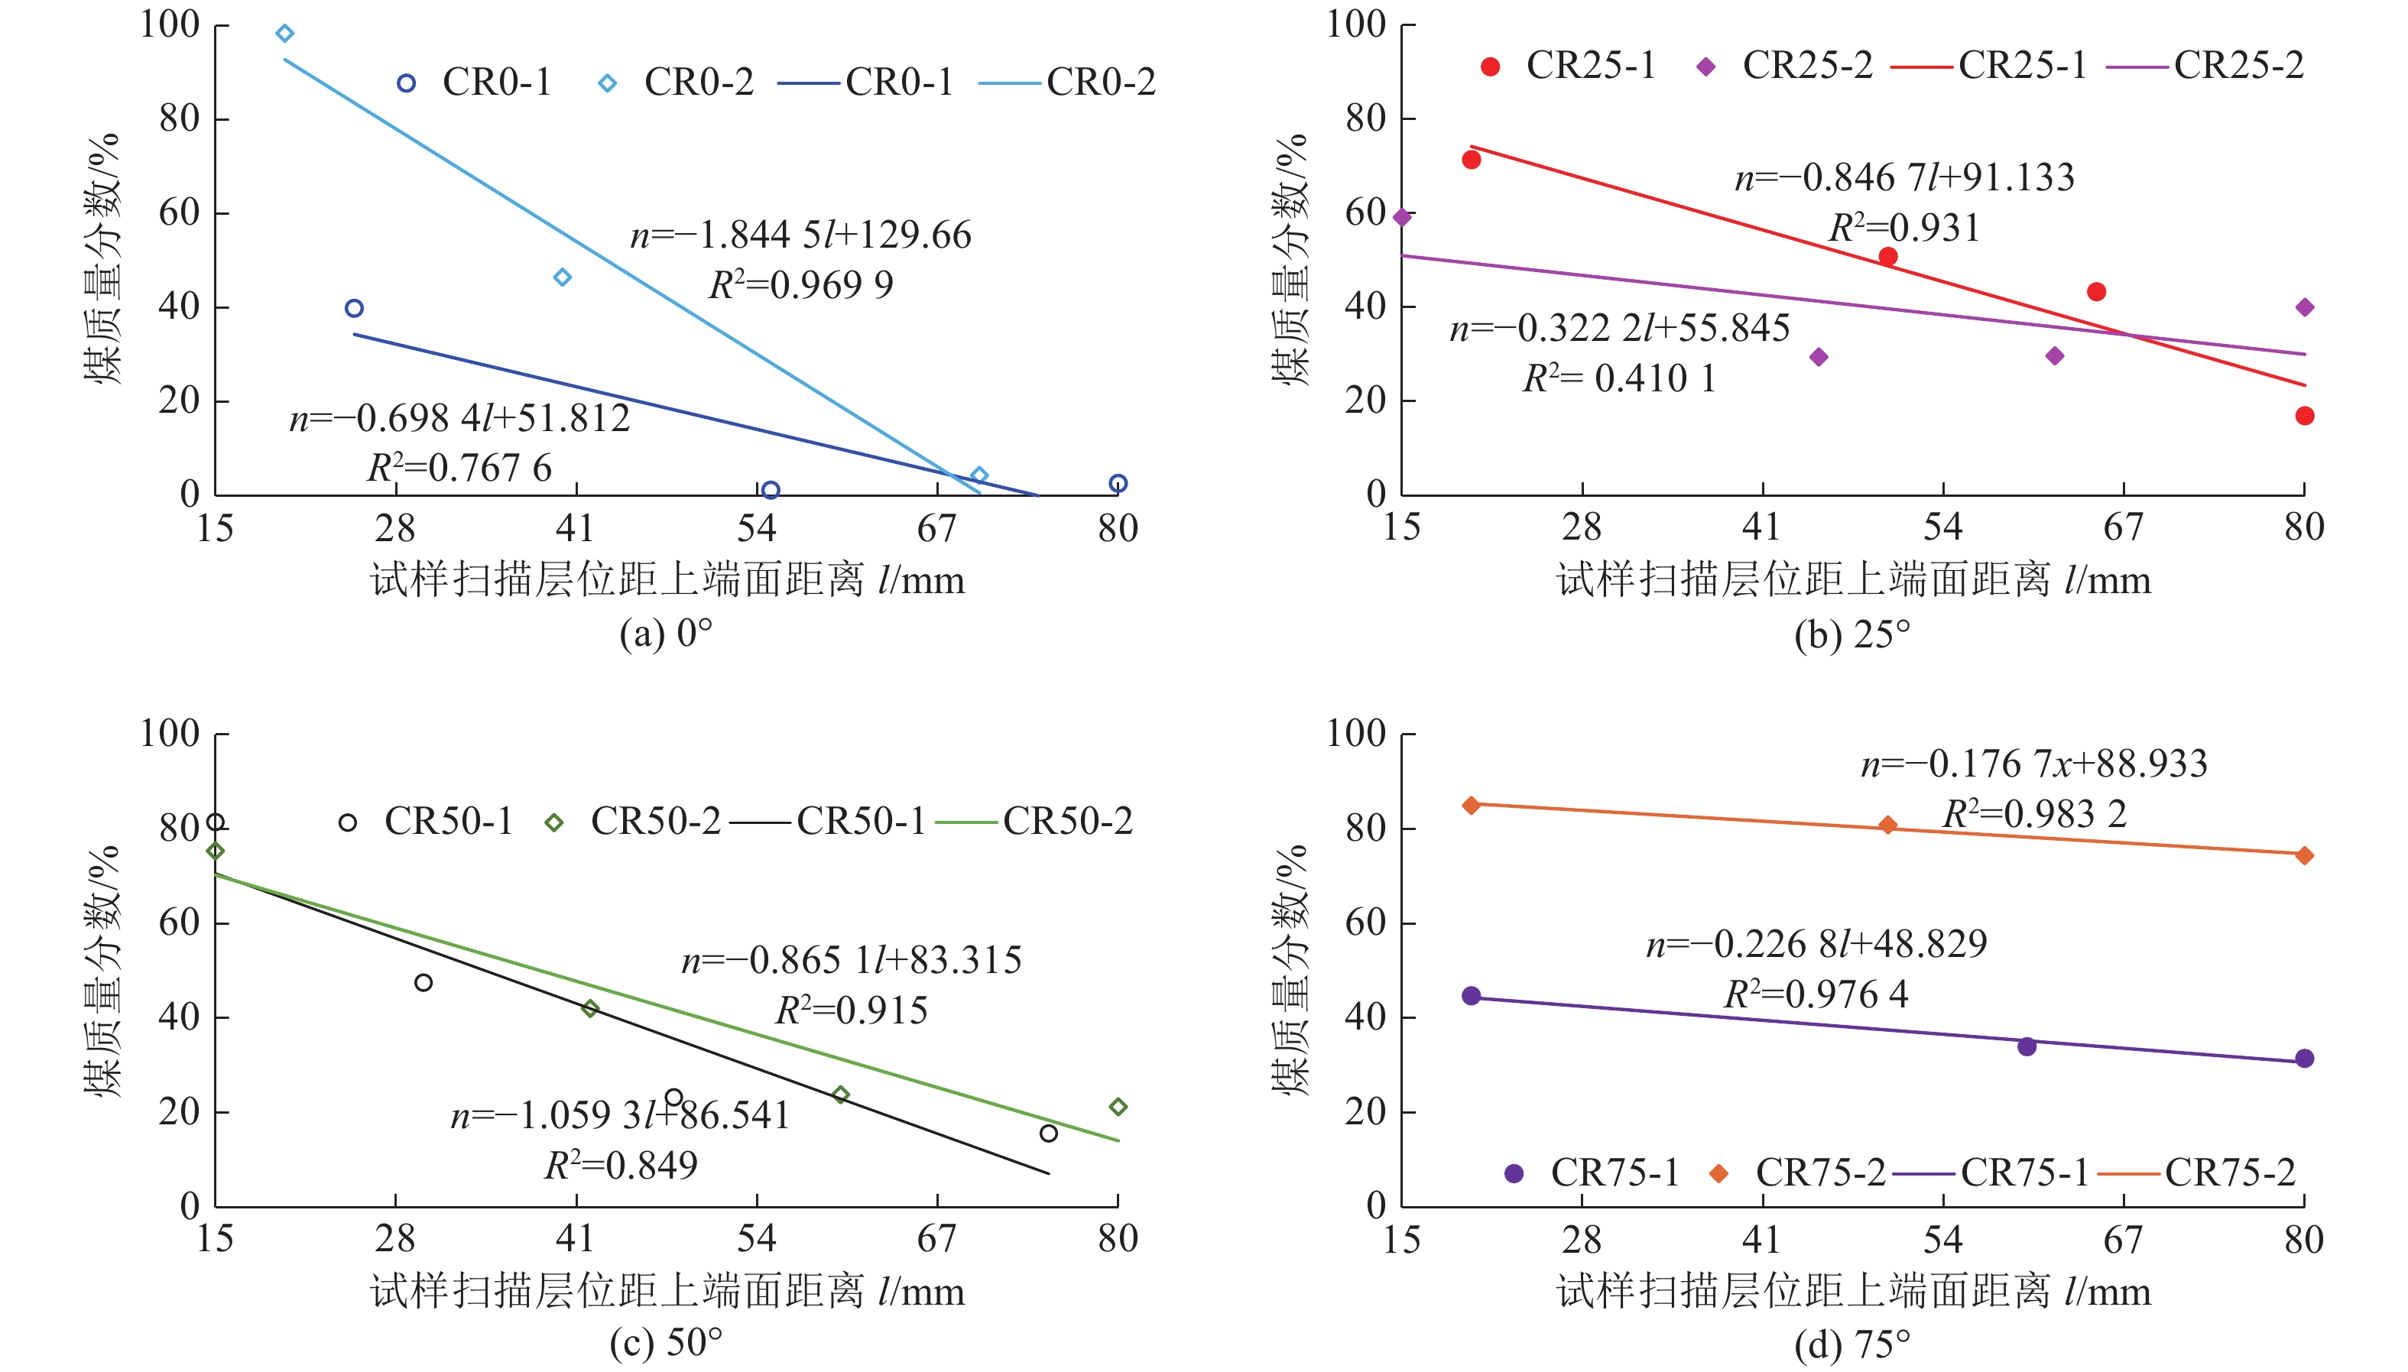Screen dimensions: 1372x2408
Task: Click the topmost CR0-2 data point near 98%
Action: [x=284, y=34]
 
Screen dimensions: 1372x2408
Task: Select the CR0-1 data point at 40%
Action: [x=355, y=308]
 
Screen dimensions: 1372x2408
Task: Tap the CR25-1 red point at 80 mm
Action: [x=2304, y=416]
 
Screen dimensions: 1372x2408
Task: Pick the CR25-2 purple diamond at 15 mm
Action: [x=1403, y=218]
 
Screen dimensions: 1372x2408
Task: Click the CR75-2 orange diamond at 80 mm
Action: [x=2304, y=855]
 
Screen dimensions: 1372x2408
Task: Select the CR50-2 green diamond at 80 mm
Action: [x=1118, y=1108]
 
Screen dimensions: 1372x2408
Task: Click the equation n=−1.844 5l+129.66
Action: [x=800, y=235]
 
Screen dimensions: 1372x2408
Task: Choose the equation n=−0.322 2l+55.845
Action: [x=1619, y=329]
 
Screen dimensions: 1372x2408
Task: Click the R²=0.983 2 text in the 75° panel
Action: [x=2034, y=814]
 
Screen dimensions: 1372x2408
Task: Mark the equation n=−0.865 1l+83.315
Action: [x=851, y=961]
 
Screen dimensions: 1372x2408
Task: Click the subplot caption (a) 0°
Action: [x=665, y=633]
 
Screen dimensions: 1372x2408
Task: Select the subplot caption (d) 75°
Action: [x=1852, y=1344]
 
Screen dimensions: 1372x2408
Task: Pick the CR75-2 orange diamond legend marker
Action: [x=1718, y=1174]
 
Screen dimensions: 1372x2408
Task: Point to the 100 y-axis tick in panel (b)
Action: [x=1356, y=24]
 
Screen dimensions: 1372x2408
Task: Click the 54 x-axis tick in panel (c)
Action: [x=756, y=1239]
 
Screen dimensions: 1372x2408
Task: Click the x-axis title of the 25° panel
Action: [x=1853, y=580]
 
